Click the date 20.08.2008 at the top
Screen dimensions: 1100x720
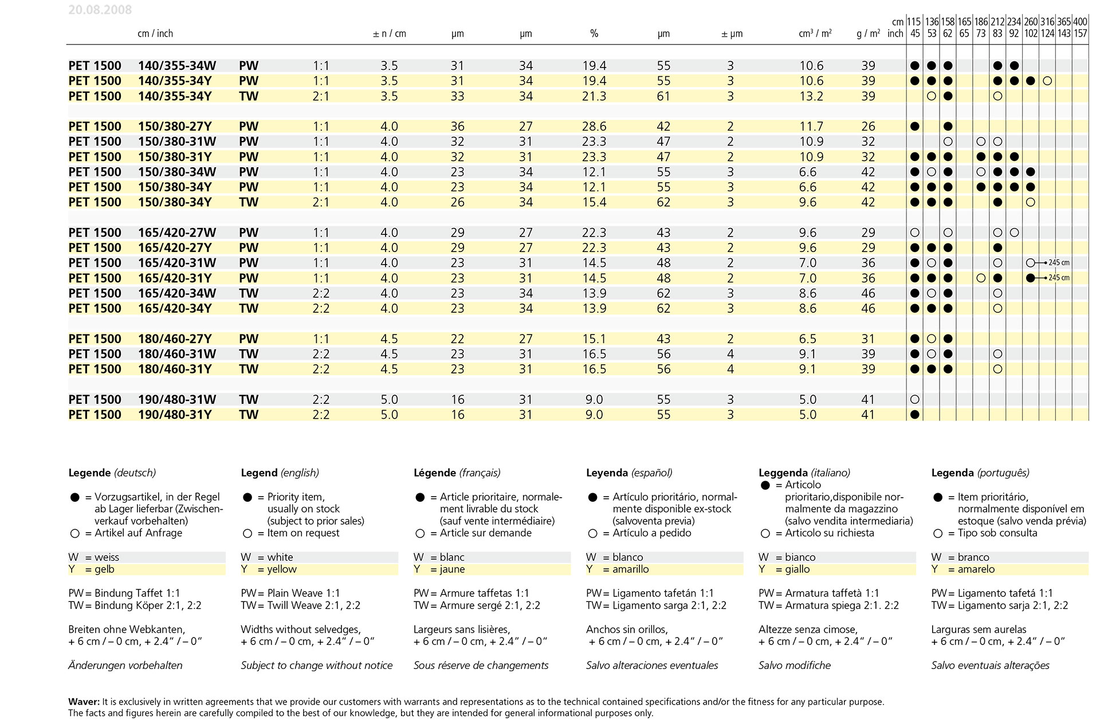click(x=100, y=10)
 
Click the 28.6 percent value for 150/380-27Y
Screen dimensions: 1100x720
click(x=594, y=127)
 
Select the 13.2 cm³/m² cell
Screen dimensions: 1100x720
click(x=811, y=96)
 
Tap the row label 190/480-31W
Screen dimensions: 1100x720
click(x=177, y=400)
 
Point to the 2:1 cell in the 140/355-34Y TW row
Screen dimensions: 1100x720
click(x=321, y=96)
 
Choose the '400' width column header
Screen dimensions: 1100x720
click(x=1081, y=22)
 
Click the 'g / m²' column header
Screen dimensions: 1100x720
click(x=869, y=34)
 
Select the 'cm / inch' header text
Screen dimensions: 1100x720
click(x=155, y=34)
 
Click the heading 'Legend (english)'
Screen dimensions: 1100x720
click(x=280, y=473)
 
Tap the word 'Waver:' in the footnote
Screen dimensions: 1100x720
click(x=84, y=702)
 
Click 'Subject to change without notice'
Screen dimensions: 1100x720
click(x=317, y=666)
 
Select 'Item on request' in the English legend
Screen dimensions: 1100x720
click(x=303, y=533)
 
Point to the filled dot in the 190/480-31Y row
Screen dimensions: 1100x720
click(x=915, y=415)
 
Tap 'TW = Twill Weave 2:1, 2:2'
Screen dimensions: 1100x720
click(x=301, y=605)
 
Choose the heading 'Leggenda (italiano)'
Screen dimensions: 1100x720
click(x=804, y=473)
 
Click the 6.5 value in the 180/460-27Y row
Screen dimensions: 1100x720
click(x=808, y=339)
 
